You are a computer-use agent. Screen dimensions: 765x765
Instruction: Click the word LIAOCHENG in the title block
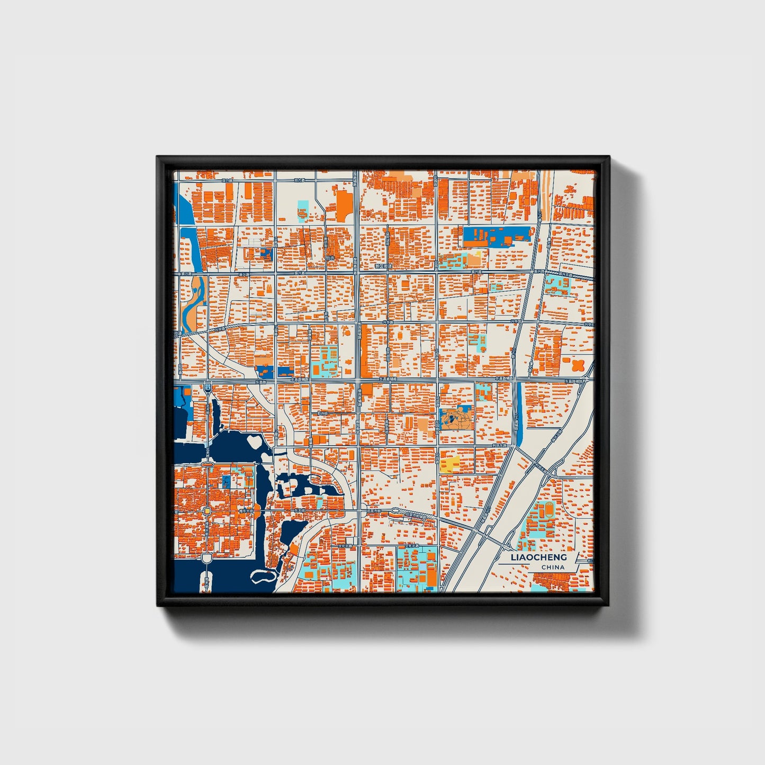[538, 557]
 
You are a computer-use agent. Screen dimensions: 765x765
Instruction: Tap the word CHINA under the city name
[553, 568]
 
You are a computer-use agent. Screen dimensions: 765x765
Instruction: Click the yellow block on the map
[449, 464]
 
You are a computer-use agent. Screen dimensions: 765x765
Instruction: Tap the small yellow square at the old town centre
[208, 511]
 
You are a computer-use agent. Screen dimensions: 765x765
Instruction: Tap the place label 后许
[331, 258]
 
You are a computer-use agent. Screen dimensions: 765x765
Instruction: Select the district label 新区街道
[382, 266]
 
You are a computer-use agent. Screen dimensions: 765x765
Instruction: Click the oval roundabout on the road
[394, 511]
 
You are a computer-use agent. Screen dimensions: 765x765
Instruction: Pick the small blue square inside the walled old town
[226, 481]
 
